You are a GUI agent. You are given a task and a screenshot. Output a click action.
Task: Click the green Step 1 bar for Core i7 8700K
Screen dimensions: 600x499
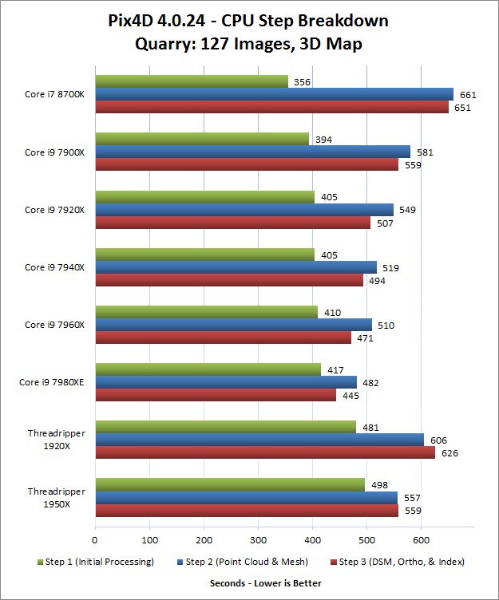click(x=192, y=81)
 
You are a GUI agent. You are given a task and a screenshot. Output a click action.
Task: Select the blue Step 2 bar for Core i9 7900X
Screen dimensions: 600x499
click(x=252, y=152)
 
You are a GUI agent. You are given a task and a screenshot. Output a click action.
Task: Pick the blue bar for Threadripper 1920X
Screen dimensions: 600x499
click(x=259, y=440)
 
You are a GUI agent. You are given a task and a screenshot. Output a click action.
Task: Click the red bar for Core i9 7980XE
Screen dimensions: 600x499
click(x=216, y=396)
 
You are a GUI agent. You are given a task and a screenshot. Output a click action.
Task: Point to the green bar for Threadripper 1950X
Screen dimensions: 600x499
click(x=230, y=484)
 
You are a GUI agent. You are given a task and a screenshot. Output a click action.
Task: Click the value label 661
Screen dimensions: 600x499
click(x=468, y=95)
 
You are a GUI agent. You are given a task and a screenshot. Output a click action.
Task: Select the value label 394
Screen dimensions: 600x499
click(x=323, y=140)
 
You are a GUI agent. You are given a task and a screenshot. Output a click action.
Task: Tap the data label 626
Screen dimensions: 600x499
click(x=450, y=453)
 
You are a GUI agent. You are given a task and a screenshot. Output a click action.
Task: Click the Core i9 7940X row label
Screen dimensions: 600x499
click(x=56, y=266)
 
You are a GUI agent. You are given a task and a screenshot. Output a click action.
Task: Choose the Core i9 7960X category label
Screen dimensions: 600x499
click(x=56, y=325)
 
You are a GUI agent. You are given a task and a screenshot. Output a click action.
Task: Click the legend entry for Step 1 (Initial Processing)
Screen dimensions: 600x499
click(x=88, y=562)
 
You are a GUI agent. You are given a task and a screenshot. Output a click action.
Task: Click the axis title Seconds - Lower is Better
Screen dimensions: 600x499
click(x=266, y=583)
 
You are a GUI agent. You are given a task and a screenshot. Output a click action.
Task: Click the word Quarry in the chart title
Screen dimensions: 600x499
click(x=164, y=44)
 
